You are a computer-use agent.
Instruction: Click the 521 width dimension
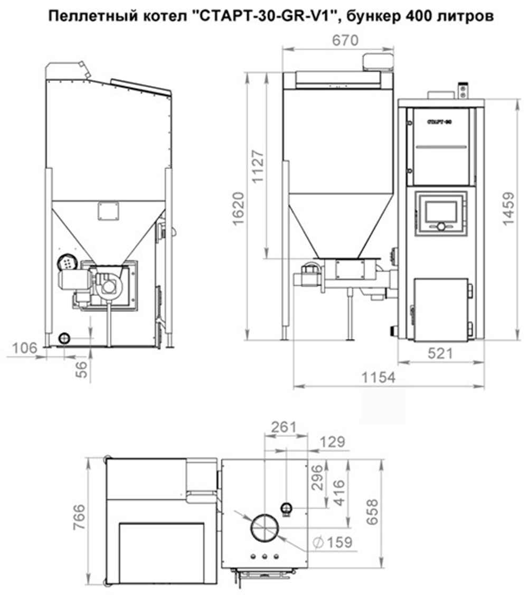(x=440, y=354)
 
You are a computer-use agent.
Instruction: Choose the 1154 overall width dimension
(x=378, y=377)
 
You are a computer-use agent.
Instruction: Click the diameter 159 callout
(x=332, y=542)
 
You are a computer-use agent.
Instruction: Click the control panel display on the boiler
(x=440, y=212)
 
